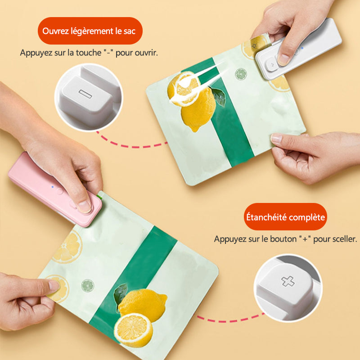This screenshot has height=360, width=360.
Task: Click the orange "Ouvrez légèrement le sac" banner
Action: (90, 31)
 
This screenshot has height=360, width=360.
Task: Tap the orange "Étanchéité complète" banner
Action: (285, 217)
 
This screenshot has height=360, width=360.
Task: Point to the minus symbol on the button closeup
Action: (85, 94)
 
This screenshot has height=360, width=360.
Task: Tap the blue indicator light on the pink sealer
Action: (53, 187)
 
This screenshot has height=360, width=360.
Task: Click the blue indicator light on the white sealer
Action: (302, 48)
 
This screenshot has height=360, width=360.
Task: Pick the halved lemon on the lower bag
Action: (133, 327)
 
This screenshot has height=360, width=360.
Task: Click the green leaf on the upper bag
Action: (219, 97)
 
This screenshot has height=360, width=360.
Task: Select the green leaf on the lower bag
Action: (120, 295)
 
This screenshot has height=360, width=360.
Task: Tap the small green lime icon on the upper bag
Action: (241, 74)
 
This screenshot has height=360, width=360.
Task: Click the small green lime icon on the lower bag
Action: (87, 286)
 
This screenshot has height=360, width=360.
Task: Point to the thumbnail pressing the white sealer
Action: (283, 59)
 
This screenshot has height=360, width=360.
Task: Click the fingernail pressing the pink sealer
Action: (84, 207)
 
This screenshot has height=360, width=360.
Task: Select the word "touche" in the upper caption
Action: (88, 53)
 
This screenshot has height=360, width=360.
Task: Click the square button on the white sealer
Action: (272, 65)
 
